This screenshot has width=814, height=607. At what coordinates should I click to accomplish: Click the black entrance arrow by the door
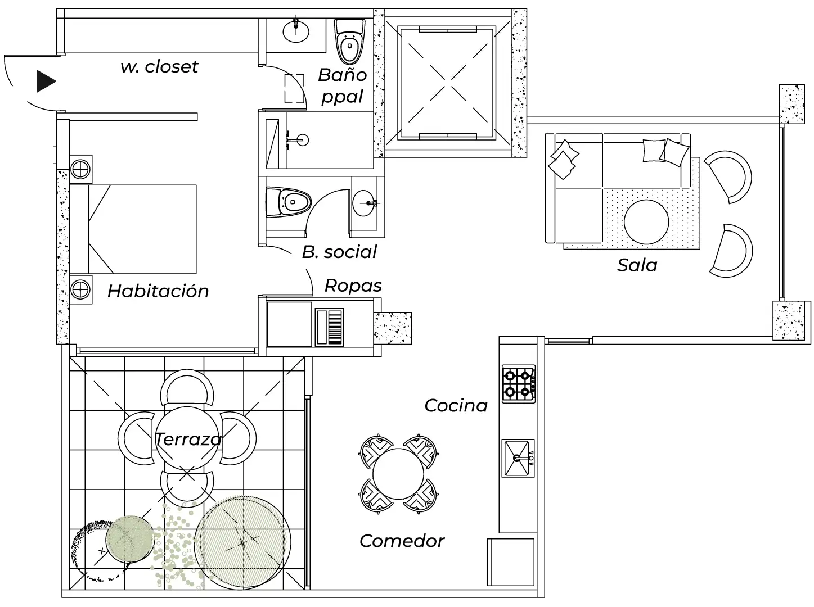pos(46,81)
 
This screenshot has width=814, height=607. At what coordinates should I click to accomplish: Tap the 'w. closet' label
pos(159,66)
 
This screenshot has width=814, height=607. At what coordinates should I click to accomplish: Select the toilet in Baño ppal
pos(350,42)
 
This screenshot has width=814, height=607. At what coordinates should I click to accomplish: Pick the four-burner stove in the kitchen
pos(518,384)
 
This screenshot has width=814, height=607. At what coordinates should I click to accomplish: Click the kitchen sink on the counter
pos(518,458)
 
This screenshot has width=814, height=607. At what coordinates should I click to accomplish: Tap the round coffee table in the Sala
pos(646,221)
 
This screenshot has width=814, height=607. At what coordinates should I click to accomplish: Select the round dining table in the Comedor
pos(398,472)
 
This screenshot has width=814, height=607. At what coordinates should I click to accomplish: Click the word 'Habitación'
pos(158,291)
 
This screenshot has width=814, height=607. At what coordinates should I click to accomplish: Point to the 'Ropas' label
pos(353,286)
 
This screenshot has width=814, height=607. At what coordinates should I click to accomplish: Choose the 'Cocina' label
pos(456,406)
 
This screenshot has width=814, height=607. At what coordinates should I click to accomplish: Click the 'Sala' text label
pos(637,265)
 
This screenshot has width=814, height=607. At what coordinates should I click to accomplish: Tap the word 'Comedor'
pos(402,541)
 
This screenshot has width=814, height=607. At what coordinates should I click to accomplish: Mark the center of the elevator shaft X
pos(448,83)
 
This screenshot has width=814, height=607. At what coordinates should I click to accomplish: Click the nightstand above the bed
pos(81,169)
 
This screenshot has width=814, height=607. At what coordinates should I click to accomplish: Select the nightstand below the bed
pos(81,289)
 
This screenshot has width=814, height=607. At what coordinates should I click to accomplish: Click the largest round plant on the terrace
pos(243,542)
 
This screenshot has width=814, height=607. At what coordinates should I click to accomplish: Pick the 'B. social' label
pos(339,252)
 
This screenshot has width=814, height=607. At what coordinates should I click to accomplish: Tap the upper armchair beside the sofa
pos(730,175)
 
